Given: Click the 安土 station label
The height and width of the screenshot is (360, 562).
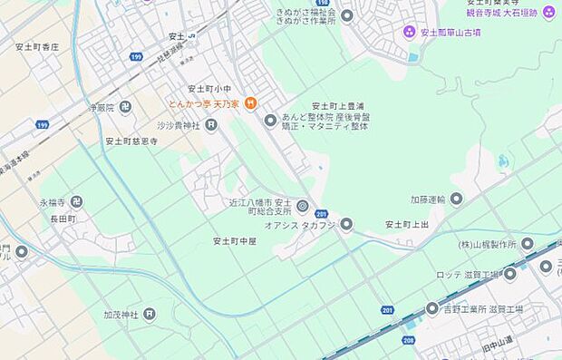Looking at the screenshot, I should coord(176,36).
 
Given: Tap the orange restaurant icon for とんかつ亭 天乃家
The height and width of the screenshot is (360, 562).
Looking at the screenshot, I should coord(251,103).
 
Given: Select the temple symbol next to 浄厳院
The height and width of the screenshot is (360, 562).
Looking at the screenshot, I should coord(126,107).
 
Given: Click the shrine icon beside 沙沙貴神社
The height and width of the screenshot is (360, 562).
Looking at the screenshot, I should coord(211,125).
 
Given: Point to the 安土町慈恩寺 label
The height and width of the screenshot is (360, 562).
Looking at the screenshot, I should coord(131,141).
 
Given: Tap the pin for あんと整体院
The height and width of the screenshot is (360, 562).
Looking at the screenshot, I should coord(270,121).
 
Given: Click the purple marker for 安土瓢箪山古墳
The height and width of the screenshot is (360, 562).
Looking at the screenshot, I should coord(410,33).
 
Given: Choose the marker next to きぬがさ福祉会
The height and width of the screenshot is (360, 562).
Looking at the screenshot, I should coord(347,15).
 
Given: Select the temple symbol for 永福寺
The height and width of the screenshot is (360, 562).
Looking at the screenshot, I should coord(77,202).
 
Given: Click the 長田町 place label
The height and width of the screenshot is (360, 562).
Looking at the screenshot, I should coord(62,219).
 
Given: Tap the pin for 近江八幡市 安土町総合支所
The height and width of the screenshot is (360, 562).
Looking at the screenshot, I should coord(303,207).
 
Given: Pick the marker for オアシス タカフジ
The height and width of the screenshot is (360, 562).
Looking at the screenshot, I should coord(346,224).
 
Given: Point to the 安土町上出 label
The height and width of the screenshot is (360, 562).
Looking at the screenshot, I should coord(406,224).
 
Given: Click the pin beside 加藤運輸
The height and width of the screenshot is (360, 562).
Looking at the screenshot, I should coord(456,199).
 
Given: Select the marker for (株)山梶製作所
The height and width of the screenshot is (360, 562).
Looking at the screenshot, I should coord(528,244).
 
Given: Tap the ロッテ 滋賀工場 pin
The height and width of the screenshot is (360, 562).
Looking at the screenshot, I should coord(510,274).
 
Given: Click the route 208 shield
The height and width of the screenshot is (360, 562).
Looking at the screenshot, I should coord(408,341).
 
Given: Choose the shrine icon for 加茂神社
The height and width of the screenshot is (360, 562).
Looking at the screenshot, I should coord(150,315).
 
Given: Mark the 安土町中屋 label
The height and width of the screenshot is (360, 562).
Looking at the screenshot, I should coord(235,241).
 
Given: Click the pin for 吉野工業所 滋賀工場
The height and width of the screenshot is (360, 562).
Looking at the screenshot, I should coord(432,309).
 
